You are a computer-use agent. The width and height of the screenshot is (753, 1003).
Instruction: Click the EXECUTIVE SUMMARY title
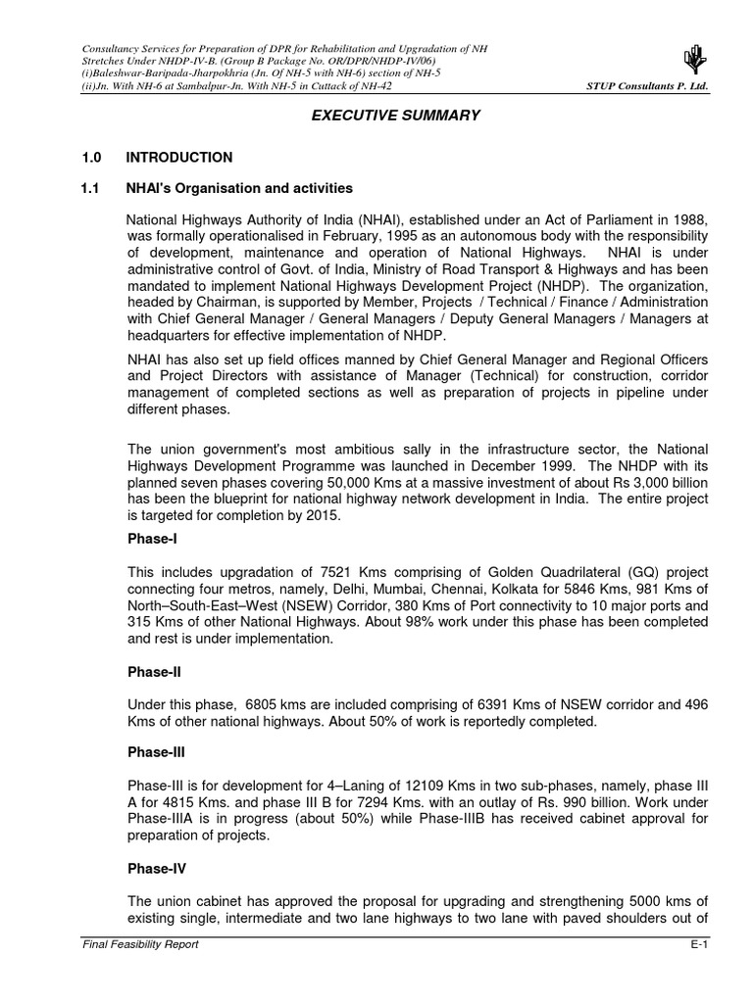pyautogui.click(x=395, y=116)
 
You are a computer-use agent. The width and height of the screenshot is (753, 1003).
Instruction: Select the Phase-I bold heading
pyautogui.click(x=154, y=540)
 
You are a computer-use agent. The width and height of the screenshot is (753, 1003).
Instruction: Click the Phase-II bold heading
pyautogui.click(x=156, y=673)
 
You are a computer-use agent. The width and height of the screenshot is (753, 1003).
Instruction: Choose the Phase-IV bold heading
pyautogui.click(x=158, y=869)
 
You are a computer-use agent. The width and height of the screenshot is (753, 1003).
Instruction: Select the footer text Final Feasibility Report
pyautogui.click(x=140, y=944)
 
